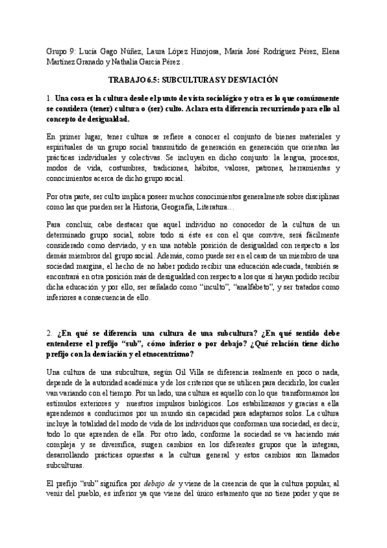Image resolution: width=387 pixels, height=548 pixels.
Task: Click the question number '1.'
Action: (x=49, y=98)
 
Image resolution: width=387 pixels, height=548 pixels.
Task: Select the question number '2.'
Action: (x=50, y=333)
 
